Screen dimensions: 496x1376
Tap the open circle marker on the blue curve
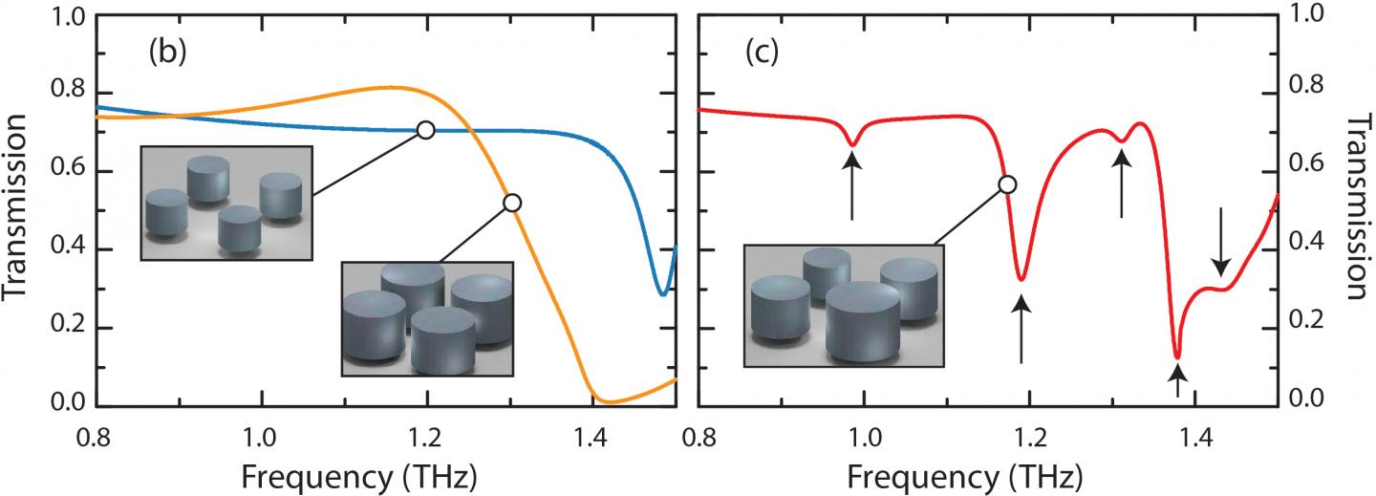click(x=426, y=130)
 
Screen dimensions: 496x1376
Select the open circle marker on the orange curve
click(x=512, y=203)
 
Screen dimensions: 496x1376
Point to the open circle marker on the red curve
click(x=1006, y=184)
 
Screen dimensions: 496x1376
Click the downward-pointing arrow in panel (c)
click(x=1220, y=250)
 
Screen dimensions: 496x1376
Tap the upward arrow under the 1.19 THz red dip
click(x=1022, y=328)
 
